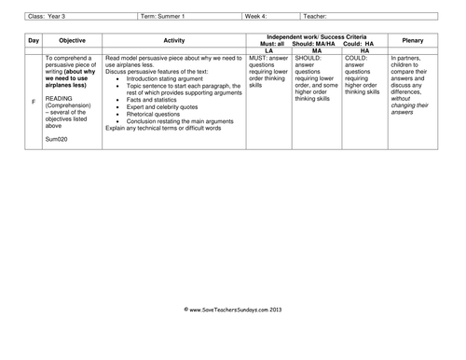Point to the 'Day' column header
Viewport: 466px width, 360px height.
(x=34, y=41)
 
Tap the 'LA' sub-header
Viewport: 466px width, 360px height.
(x=268, y=49)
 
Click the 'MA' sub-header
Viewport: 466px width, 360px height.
(x=317, y=49)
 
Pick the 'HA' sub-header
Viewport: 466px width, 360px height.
(x=364, y=49)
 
